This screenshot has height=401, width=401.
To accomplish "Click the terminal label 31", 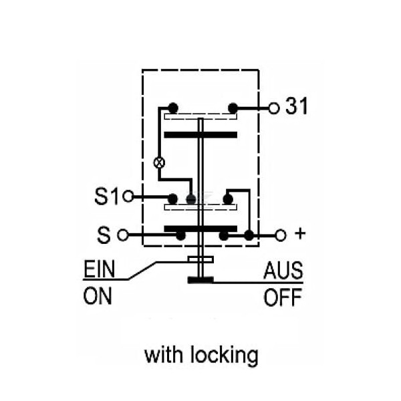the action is (x=296, y=106).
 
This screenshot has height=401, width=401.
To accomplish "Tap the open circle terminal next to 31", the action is (x=273, y=108).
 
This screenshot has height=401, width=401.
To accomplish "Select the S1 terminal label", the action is (x=107, y=196).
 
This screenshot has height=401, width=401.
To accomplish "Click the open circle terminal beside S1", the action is (x=128, y=196).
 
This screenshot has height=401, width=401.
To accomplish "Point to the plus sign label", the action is (x=300, y=233).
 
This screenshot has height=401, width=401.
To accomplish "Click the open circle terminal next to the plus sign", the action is (x=281, y=235).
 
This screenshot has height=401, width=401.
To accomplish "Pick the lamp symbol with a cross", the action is (x=159, y=162).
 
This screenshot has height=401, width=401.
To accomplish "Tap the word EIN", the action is (x=99, y=269).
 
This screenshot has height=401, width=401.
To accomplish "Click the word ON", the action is (x=98, y=296).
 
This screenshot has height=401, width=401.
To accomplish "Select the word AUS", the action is (x=283, y=271).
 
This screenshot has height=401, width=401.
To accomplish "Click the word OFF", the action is (x=283, y=297).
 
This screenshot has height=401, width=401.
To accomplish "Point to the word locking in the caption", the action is (x=225, y=356).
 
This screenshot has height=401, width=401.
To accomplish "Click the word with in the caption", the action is (x=164, y=355).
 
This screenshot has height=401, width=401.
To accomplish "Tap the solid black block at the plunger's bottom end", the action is (x=200, y=280).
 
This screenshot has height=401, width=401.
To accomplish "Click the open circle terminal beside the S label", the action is (x=123, y=235).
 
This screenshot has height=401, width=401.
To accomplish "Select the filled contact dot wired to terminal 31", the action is (x=233, y=108).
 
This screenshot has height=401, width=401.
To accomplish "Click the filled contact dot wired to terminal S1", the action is (x=172, y=199).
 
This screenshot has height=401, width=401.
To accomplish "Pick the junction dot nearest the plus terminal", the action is (x=249, y=235).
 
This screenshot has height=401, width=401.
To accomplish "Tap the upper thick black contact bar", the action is (x=200, y=135).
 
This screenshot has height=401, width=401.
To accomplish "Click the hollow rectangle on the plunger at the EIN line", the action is (x=200, y=259).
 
